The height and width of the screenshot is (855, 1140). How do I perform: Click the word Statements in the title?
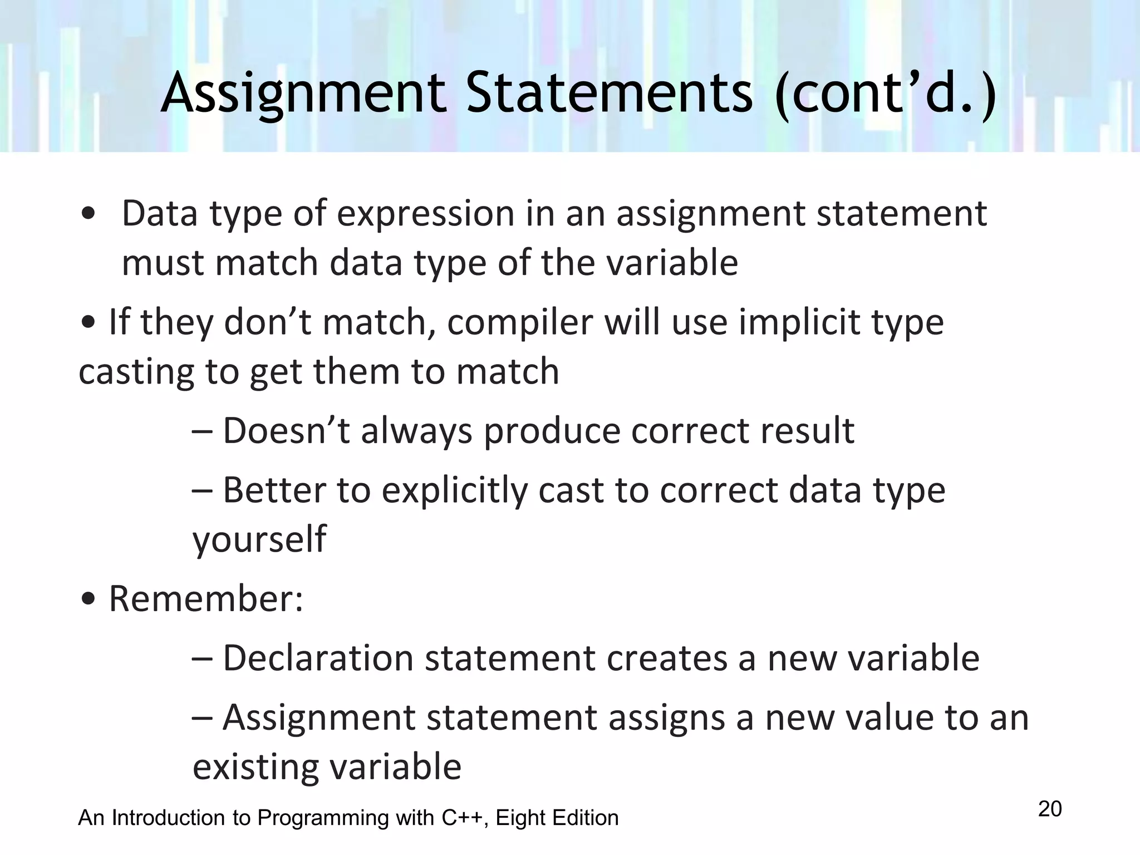coord(609,94)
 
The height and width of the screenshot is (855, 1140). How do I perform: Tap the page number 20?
coord(1050,809)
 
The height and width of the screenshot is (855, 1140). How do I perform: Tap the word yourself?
coord(259,539)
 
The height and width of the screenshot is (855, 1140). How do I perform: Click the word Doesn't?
coord(286,431)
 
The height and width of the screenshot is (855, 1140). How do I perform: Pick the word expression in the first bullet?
coord(425,213)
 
